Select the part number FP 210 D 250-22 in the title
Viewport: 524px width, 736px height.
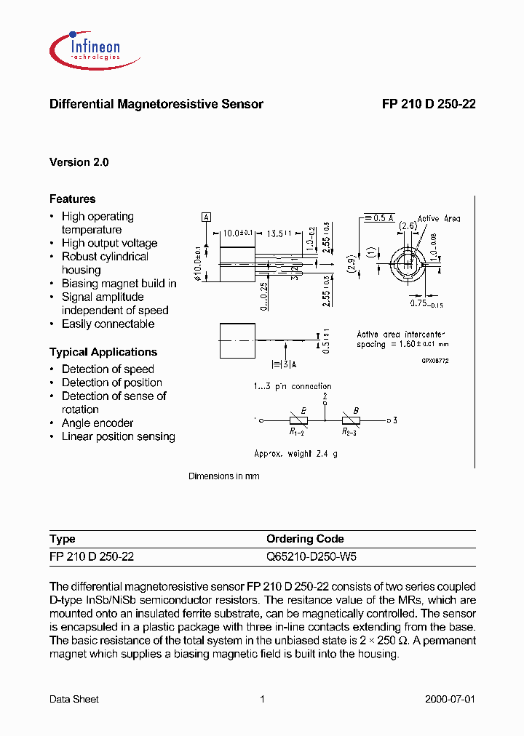pyautogui.click(x=429, y=104)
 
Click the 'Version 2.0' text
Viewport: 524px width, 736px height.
pyautogui.click(x=79, y=162)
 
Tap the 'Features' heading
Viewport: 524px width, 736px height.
pyautogui.click(x=72, y=199)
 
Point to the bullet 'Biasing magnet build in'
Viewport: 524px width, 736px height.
pyautogui.click(x=119, y=284)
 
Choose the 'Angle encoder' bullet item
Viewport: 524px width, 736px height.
pyautogui.click(x=98, y=423)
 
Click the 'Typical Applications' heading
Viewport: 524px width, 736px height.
pyautogui.click(x=103, y=352)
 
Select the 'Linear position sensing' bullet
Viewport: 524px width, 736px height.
pyautogui.click(x=118, y=436)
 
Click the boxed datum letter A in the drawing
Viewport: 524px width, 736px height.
pyautogui.click(x=206, y=217)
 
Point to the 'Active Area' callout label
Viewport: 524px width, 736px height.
pyautogui.click(x=438, y=218)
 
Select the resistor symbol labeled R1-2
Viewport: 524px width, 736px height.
pyautogui.click(x=298, y=420)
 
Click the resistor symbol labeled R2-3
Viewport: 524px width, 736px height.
pyautogui.click(x=352, y=420)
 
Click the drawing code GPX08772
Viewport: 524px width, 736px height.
pyautogui.click(x=435, y=360)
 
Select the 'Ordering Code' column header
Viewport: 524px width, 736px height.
pyautogui.click(x=305, y=539)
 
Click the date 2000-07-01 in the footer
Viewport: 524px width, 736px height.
pyautogui.click(x=450, y=699)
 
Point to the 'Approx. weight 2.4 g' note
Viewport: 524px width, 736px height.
pyautogui.click(x=295, y=453)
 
